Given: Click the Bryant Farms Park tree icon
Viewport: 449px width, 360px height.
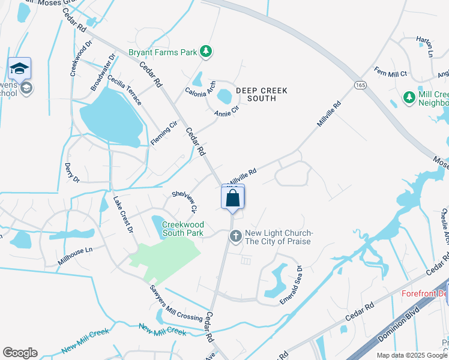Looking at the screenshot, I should pyautogui.click(x=206, y=52).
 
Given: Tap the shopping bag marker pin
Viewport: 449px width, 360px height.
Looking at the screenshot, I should pyautogui.click(x=233, y=199).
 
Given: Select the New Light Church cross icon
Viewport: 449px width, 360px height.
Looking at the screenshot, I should pyautogui.click(x=235, y=237).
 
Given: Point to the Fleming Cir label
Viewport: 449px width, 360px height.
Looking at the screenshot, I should pyautogui.click(x=164, y=133).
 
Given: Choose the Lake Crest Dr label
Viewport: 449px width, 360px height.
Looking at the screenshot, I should pyautogui.click(x=121, y=215).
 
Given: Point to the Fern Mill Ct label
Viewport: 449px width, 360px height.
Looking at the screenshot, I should pyautogui.click(x=391, y=73).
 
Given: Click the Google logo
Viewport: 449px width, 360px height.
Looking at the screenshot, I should pyautogui.click(x=20, y=353).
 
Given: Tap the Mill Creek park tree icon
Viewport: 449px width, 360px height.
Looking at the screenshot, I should pyautogui.click(x=409, y=97).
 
